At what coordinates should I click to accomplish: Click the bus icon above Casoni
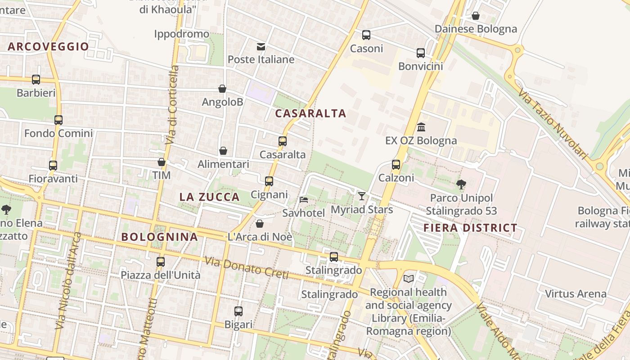[366, 35]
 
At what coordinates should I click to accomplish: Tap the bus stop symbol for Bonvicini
[421, 53]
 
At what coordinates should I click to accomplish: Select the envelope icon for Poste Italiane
[261, 47]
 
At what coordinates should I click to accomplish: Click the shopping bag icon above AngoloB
[222, 89]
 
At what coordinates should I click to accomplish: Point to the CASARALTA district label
[310, 113]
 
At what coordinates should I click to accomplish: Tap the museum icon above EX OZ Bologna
[421, 127]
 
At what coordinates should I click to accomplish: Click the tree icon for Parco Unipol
[461, 184]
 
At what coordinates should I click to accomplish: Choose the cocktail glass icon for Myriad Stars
[361, 196]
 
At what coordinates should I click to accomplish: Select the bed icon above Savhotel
[304, 199]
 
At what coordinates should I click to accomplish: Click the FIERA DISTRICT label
[470, 228]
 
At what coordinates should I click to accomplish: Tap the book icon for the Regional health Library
[409, 279]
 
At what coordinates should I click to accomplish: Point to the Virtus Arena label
[576, 294]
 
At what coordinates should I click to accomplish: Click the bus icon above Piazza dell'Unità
[161, 261]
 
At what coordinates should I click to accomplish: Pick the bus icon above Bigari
[238, 311]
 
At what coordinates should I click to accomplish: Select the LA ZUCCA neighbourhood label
[209, 197]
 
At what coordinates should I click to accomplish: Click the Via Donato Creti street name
[246, 268]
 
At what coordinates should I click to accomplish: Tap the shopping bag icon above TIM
[162, 162]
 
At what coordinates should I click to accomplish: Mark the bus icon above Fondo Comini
[58, 120]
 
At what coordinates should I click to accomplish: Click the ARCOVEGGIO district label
[48, 46]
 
